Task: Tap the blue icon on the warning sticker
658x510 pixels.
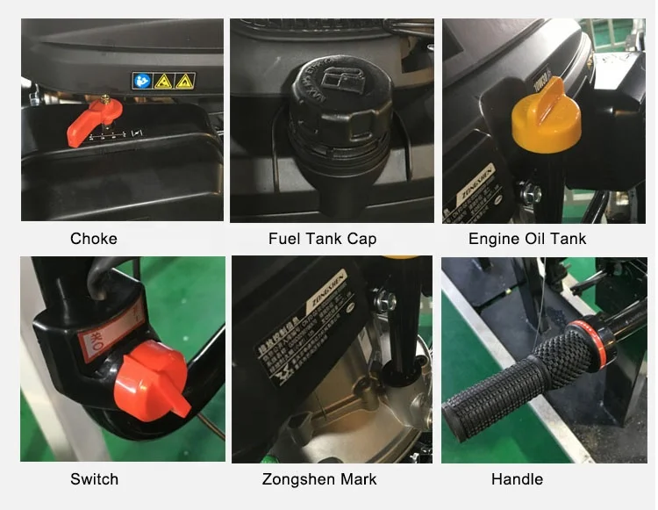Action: click(141, 82)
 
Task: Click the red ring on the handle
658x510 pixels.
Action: click(580, 339)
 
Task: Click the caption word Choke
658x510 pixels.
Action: click(93, 239)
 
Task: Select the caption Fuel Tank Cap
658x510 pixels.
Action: click(322, 239)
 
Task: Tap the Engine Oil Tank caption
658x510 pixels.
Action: click(527, 239)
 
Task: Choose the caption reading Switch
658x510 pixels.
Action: click(94, 479)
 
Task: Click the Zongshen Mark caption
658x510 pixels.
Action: click(319, 479)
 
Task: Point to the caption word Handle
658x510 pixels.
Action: click(516, 479)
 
